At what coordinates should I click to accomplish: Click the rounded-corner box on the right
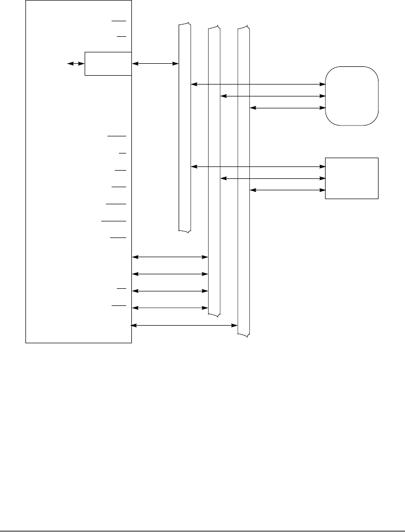[x=352, y=95]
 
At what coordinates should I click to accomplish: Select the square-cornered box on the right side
[x=352, y=178]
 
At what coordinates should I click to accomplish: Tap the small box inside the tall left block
[x=107, y=64]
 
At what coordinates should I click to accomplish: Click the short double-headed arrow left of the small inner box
[x=76, y=64]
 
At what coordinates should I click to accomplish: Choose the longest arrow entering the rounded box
[x=257, y=84]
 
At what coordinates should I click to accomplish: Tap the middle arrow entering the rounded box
[x=272, y=96]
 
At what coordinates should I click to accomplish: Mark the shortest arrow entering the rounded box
[x=286, y=108]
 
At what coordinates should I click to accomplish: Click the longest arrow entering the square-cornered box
[x=257, y=166]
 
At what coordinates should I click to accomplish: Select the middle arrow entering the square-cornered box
[x=272, y=178]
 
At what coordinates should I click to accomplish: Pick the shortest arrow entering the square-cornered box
[x=286, y=190]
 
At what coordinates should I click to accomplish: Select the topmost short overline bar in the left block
[x=118, y=21]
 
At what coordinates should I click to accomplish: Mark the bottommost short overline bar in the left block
[x=118, y=306]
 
